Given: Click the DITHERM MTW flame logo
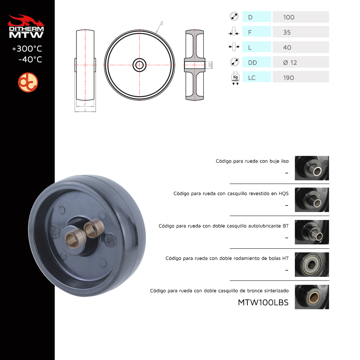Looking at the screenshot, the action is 26,26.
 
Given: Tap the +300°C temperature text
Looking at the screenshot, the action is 27,49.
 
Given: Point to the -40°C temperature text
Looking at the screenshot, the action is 30,59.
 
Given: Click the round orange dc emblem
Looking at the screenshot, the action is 28,82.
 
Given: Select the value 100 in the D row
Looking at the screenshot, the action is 289,17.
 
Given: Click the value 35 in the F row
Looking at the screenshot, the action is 287,32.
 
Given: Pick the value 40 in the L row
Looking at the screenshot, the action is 287,48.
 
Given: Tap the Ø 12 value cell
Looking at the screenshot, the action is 301,62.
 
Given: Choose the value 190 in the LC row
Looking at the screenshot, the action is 288,78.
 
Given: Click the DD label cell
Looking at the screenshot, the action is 257,62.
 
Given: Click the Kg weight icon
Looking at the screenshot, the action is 235,78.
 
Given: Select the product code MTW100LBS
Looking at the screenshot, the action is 263,303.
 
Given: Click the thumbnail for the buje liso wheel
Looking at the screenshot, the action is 312,168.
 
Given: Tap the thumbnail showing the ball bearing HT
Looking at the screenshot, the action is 312,265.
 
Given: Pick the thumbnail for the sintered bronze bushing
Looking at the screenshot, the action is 312,297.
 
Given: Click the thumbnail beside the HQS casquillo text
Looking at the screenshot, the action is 312,200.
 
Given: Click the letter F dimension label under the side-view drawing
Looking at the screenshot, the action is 85,104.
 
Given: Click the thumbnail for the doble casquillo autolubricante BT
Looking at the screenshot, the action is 312,232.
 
